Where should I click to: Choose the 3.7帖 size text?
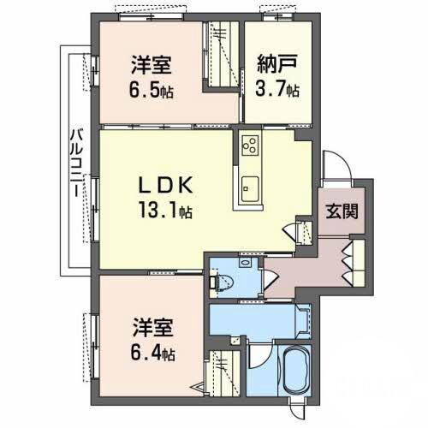tap(276, 88)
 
